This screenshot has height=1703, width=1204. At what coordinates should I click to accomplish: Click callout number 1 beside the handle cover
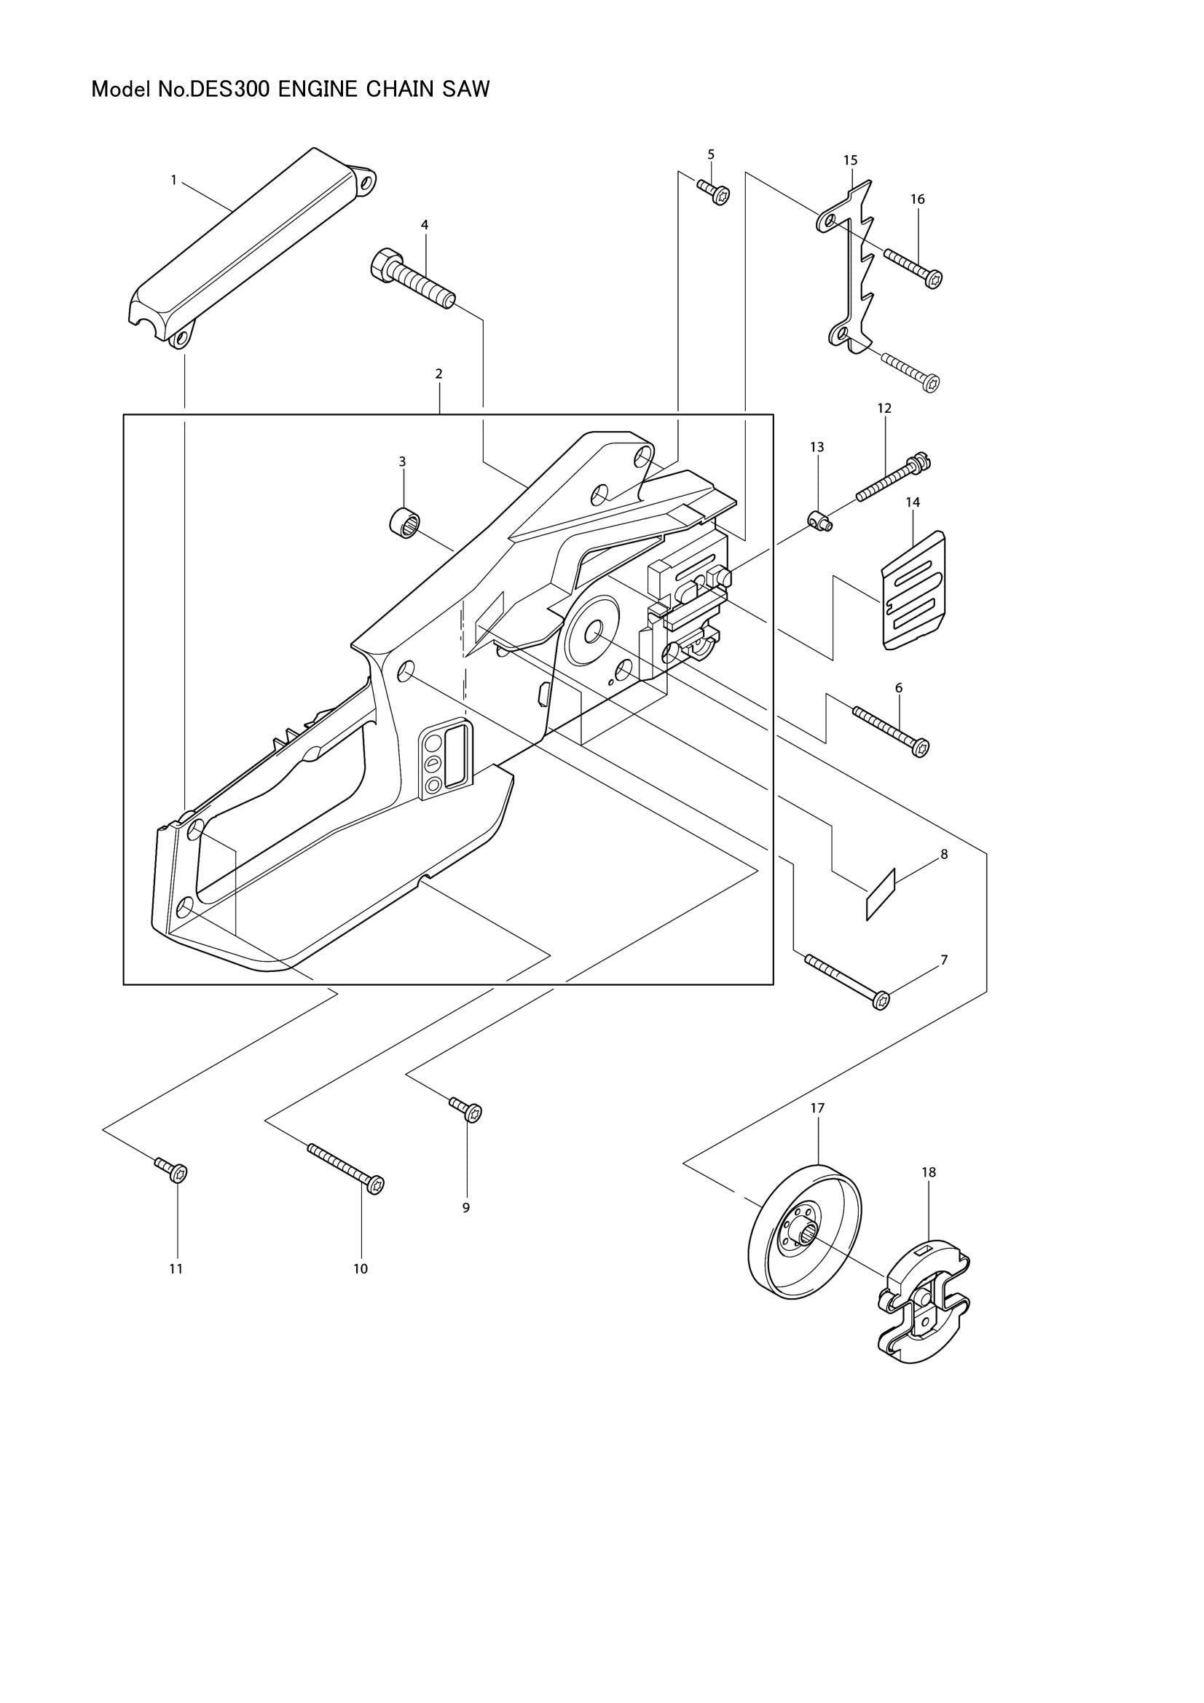[x=173, y=180]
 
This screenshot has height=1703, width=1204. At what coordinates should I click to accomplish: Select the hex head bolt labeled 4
[x=412, y=280]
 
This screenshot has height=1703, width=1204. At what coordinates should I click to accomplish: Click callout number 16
[x=918, y=199]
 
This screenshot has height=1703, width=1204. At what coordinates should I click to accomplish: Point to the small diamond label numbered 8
[x=881, y=894]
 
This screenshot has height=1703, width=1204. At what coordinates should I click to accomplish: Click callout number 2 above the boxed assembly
[x=439, y=374]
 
